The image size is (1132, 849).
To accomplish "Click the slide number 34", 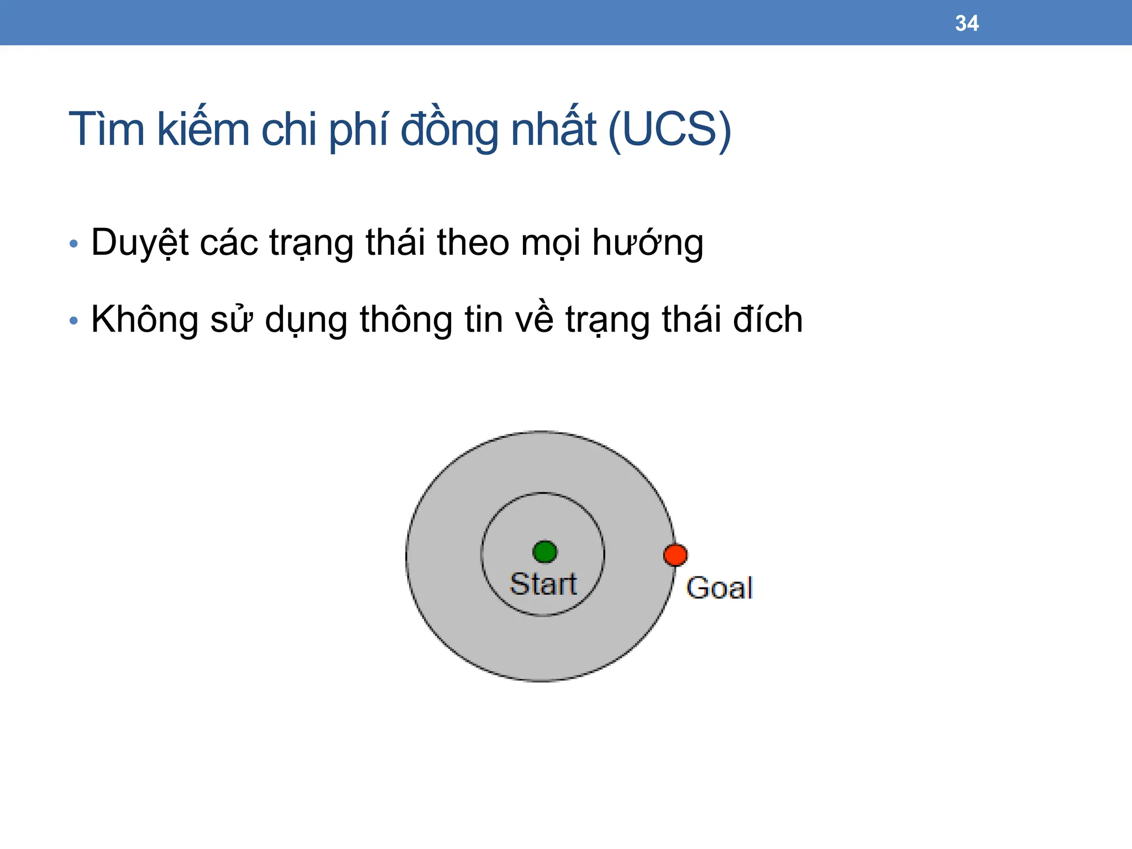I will tap(967, 23).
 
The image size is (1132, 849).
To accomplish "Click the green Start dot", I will tap(545, 552).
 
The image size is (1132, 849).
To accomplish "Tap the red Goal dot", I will tap(675, 555).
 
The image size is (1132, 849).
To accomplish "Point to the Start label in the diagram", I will tap(543, 584).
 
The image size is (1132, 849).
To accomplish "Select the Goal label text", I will tap(719, 588).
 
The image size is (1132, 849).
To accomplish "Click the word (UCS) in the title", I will tap(669, 129).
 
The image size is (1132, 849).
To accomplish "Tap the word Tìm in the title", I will tap(106, 129).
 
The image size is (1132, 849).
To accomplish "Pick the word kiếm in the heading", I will tap(203, 129).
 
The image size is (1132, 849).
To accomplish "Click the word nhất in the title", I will tap(553, 129).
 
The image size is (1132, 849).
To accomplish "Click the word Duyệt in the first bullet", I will tap(139, 243).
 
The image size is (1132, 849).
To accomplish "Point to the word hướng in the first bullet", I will tap(647, 243).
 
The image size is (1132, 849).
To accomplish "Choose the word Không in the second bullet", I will tap(144, 319).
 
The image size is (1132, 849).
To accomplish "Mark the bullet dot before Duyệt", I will tap(74, 244).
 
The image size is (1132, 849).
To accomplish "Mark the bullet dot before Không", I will tap(74, 321).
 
